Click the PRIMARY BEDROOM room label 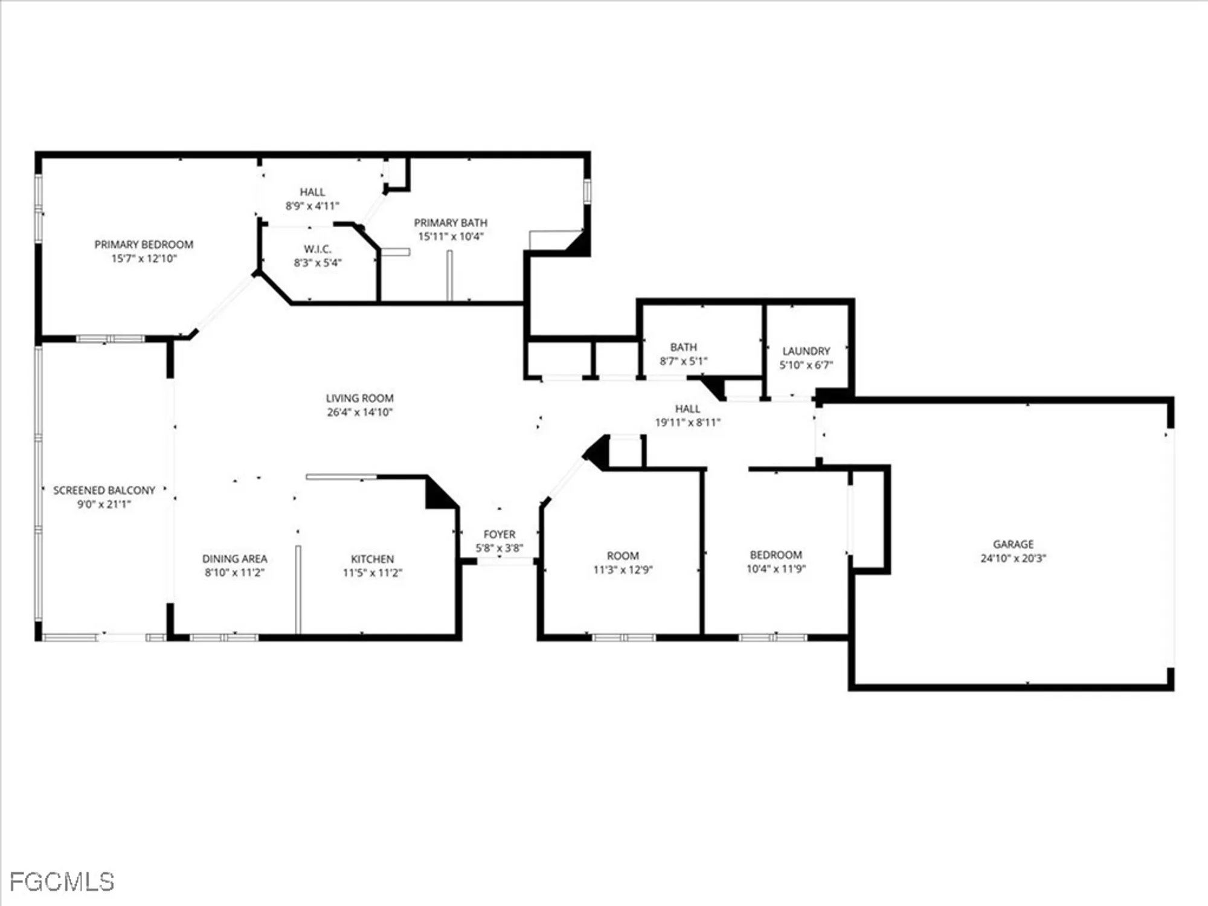click(144, 245)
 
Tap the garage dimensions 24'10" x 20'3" click(1013, 558)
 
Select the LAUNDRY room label click(806, 351)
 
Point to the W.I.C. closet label click(317, 249)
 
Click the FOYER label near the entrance click(499, 535)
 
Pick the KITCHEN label click(372, 559)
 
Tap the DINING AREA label click(234, 559)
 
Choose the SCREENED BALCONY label click(104, 490)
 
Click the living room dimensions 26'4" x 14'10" click(359, 413)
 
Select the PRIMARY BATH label click(450, 223)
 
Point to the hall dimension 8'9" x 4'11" click(312, 206)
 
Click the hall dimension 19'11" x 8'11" click(687, 423)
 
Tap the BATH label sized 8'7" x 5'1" click(683, 347)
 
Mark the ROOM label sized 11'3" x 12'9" click(623, 556)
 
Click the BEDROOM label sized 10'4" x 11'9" click(776, 554)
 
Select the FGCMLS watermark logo click(62, 882)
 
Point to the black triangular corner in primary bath click(578, 244)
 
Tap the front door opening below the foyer click(505, 562)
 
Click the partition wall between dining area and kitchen click(298, 589)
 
